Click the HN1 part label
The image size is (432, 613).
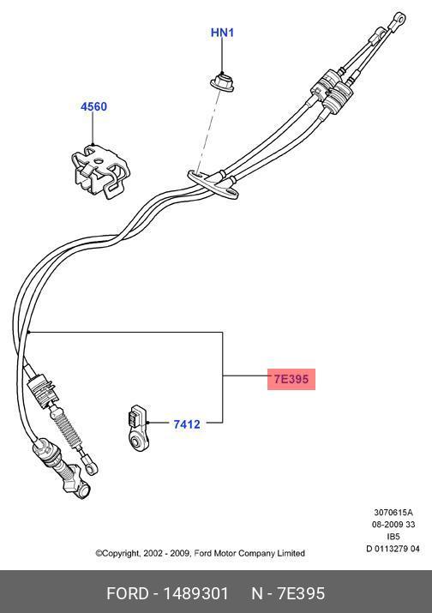[x=222, y=33]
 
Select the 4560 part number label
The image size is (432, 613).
[x=93, y=107]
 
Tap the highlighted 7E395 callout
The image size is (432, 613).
[x=291, y=377]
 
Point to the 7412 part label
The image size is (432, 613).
[x=187, y=424]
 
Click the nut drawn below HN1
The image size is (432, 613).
[x=222, y=83]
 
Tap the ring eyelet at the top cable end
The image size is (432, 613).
[x=397, y=15]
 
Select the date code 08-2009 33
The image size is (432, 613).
[x=393, y=525]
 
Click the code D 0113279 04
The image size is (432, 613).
[x=393, y=549]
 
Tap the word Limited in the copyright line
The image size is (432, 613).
[x=289, y=554]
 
